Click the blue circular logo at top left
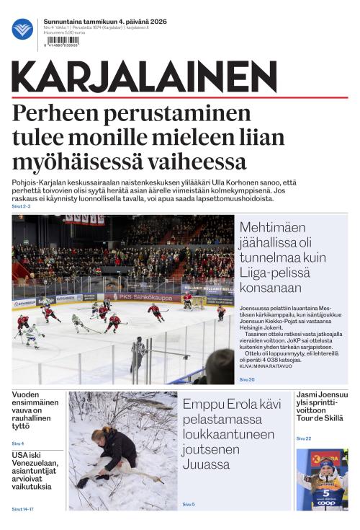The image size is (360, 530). (x=22, y=30)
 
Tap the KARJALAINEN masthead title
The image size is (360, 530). (x=145, y=77)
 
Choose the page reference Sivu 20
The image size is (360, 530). (x=247, y=379)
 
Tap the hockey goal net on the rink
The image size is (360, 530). (x=197, y=301)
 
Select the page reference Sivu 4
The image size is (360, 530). (x=18, y=443)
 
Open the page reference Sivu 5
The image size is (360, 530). (x=189, y=504)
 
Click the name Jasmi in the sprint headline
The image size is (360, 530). (x=309, y=395)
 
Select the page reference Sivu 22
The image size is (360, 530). (x=304, y=438)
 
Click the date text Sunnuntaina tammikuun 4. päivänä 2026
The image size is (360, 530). (x=105, y=22)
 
